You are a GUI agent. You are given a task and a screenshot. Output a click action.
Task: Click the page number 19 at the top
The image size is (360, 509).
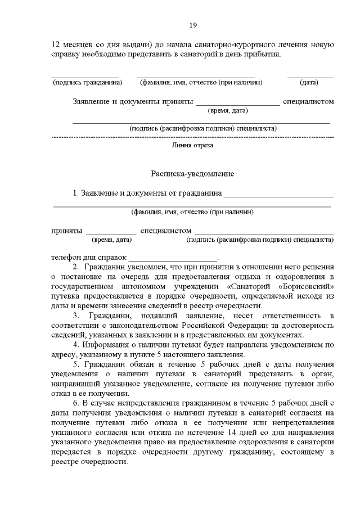tap(192, 25)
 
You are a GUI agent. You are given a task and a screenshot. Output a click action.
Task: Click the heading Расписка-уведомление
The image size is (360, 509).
tap(192, 174)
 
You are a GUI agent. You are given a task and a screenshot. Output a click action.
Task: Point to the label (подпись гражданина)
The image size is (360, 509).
tap(87, 83)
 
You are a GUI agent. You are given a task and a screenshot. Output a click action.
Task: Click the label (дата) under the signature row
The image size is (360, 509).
tap(309, 83)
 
